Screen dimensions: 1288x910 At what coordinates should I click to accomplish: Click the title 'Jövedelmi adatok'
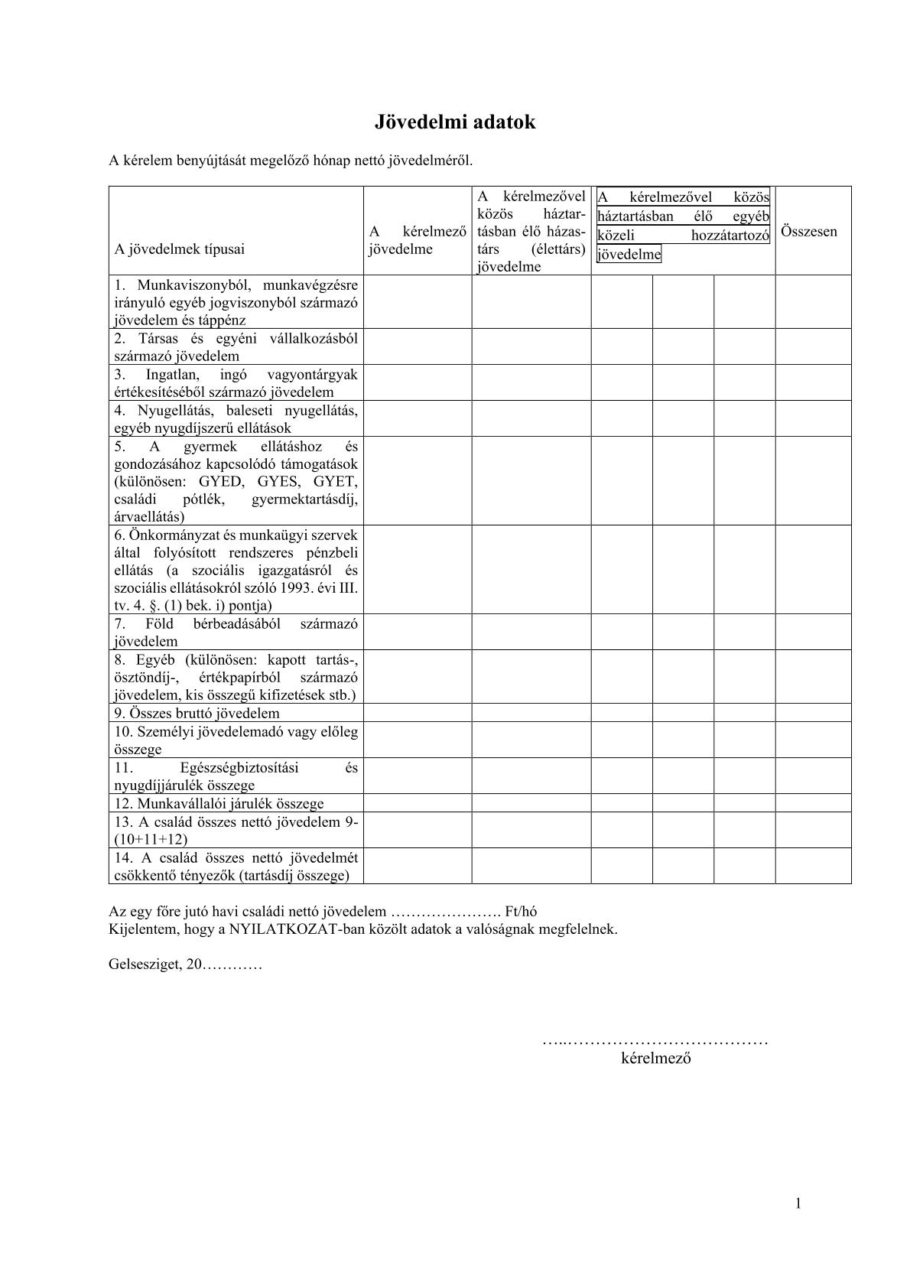tap(454, 122)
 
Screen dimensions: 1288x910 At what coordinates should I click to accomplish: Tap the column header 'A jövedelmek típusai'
tap(180, 249)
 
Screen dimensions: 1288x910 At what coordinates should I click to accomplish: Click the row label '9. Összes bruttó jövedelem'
tap(197, 713)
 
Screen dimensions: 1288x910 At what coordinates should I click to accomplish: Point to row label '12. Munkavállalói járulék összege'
tap(219, 803)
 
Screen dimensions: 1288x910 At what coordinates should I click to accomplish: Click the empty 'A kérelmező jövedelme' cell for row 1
tap(418, 302)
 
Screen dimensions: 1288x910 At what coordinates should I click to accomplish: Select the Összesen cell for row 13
tap(813, 829)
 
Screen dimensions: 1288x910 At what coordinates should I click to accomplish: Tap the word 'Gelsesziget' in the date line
tap(141, 964)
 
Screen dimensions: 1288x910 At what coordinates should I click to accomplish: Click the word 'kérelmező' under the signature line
tap(656, 1059)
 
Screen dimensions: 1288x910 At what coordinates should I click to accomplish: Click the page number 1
tap(798, 1203)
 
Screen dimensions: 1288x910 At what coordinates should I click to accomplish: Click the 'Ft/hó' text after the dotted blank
tap(521, 912)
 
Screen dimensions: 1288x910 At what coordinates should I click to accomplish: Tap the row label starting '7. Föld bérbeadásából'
tap(236, 632)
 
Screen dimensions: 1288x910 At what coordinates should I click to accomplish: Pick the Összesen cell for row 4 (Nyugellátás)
tap(813, 419)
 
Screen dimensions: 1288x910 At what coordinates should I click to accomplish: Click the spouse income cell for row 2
tap(531, 346)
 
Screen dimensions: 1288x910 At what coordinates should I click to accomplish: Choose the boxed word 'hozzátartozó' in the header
tap(730, 236)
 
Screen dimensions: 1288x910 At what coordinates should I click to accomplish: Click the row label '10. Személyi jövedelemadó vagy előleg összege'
tap(236, 740)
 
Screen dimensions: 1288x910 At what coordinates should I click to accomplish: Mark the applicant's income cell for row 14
tap(418, 866)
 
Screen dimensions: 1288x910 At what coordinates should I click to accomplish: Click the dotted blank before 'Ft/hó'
tap(445, 912)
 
